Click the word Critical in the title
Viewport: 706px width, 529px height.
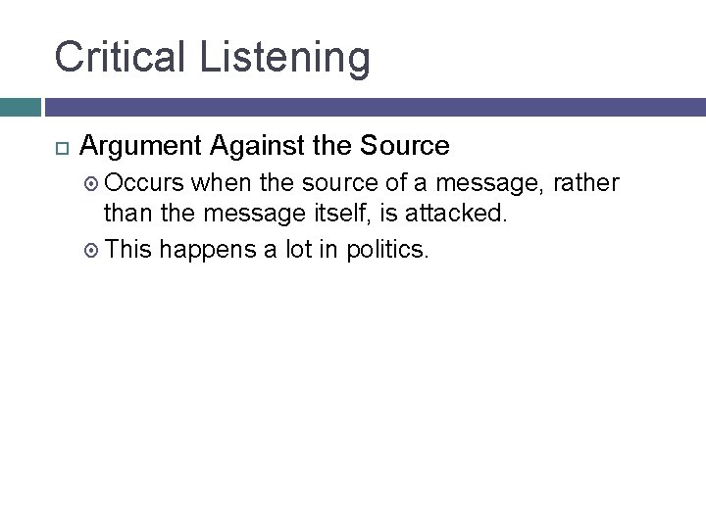122,57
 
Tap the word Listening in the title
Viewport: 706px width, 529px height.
285,59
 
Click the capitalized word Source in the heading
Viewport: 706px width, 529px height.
404,147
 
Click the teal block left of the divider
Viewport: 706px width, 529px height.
20,107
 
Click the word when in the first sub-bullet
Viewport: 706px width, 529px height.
221,183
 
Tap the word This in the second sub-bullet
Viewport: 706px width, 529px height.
128,250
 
